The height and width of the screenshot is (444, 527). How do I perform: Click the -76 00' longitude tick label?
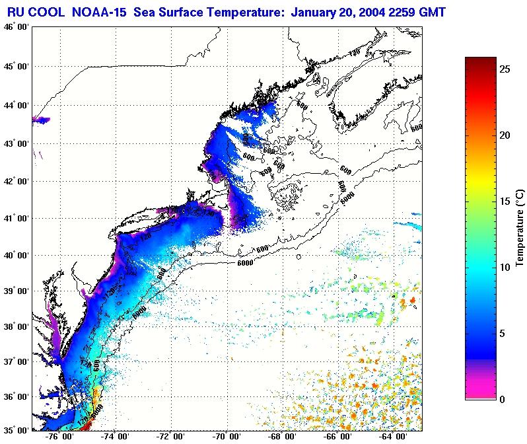coord(59,437)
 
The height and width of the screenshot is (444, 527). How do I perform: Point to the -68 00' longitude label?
coord(283,437)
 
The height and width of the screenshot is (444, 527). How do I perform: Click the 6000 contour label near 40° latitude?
coord(244,264)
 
